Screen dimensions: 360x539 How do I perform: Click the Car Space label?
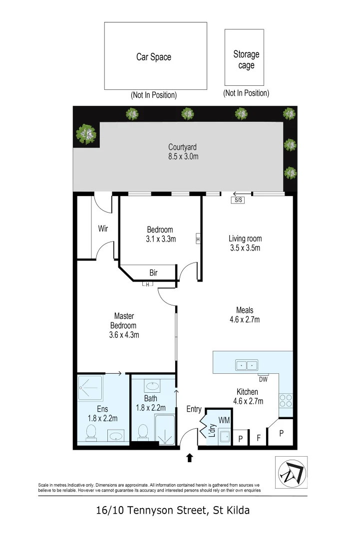154,57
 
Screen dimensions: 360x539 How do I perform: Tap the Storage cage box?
244,57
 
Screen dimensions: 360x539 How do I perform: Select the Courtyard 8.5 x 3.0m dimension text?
183,156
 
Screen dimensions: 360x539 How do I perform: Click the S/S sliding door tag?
238,200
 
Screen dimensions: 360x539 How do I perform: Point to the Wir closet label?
103,229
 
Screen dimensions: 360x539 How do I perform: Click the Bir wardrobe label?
153,272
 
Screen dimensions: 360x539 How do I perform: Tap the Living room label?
245,238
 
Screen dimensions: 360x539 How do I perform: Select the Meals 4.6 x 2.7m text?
245,314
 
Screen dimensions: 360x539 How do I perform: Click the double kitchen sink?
247,365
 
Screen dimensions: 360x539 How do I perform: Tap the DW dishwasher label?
263,379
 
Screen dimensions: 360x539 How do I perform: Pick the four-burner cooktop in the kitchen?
286,400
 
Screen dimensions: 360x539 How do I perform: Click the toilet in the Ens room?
91,432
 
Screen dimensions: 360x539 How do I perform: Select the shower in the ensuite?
90,388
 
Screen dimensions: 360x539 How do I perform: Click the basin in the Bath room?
151,386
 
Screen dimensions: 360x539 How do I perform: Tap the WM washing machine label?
224,420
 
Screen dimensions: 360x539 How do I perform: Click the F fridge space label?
259,438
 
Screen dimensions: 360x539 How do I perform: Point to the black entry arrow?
189,458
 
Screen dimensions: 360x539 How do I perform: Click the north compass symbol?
292,472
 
